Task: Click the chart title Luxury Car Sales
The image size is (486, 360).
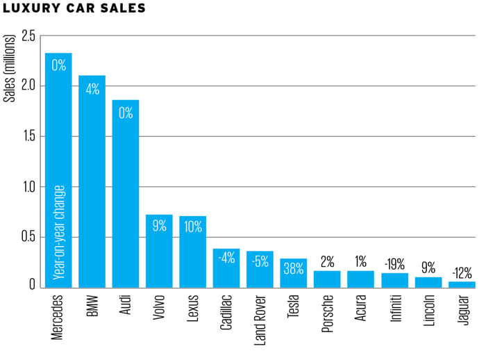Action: click(74, 9)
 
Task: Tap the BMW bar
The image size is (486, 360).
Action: click(92, 181)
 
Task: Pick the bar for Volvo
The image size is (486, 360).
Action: click(159, 251)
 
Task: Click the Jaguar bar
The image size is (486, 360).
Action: click(462, 284)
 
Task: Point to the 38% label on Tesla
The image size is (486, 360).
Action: click(294, 268)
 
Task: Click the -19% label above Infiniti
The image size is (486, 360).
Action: click(394, 263)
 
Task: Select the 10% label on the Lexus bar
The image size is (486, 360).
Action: click(192, 226)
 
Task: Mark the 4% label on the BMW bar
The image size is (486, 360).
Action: click(92, 89)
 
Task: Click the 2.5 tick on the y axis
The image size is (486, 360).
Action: click(28, 36)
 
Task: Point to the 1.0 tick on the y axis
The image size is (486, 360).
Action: click(28, 186)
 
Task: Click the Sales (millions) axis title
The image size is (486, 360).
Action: click(10, 66)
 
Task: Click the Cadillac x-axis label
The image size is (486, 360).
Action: click(226, 313)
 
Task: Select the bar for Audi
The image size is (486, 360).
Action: click(126, 194)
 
